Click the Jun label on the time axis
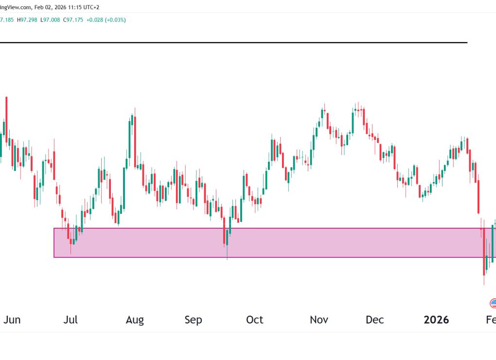[12, 320]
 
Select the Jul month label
[71, 320]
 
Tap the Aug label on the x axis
[135, 320]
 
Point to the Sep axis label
[193, 320]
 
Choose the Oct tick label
[254, 320]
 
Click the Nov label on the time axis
[319, 320]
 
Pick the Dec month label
[375, 320]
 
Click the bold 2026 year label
[436, 320]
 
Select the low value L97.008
[50, 20]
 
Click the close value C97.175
[73, 20]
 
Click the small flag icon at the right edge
[493, 304]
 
